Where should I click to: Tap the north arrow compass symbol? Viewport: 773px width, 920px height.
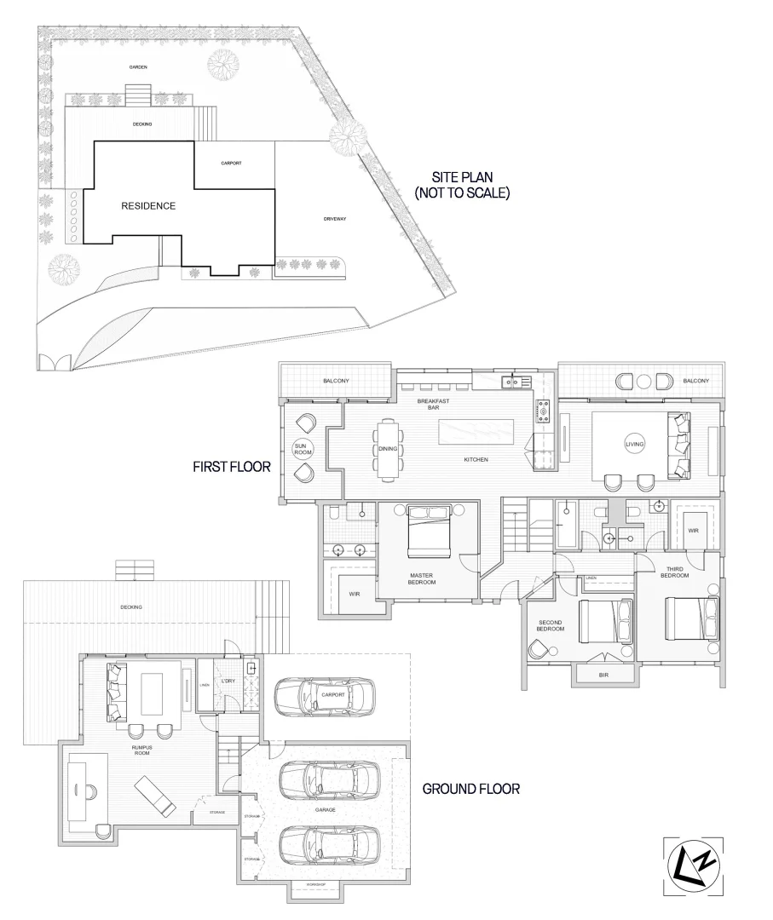click(693, 865)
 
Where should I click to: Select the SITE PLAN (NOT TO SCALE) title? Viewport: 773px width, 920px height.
click(461, 186)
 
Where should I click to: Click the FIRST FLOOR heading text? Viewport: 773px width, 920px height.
click(231, 467)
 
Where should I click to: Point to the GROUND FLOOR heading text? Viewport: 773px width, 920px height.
click(471, 790)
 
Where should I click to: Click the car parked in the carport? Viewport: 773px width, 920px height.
click(324, 695)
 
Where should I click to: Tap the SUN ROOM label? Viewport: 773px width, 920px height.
click(300, 449)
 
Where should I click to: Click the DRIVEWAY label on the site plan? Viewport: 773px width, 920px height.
click(334, 218)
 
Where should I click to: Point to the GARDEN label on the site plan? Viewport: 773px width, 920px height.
click(138, 66)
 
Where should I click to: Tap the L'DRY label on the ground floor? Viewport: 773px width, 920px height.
click(228, 681)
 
